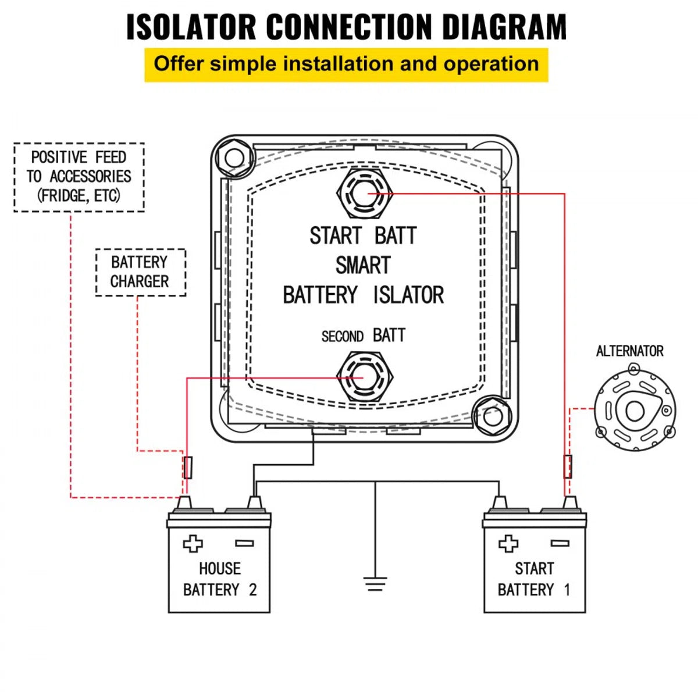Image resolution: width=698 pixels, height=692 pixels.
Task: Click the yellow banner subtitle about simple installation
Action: [346, 64]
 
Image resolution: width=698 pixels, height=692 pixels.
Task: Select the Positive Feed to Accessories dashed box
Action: [79, 177]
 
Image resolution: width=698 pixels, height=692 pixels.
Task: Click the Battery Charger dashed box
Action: [140, 272]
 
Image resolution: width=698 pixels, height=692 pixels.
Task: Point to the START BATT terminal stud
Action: [365, 194]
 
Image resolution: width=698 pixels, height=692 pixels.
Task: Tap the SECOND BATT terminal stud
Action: [365, 377]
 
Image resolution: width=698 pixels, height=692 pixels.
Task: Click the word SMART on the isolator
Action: [362, 265]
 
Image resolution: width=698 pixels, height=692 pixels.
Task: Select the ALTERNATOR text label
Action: [629, 351]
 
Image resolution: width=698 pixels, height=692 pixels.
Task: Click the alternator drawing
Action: [635, 411]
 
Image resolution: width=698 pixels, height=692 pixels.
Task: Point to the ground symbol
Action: [375, 583]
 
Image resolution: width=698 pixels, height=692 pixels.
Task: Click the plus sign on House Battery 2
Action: [193, 544]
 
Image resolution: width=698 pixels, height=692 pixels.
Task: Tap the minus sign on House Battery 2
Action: [244, 544]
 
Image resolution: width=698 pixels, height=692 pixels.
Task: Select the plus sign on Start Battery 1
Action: [508, 544]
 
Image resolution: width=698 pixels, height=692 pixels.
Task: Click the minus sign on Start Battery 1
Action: [560, 544]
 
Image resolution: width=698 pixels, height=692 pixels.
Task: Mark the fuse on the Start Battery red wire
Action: [568, 466]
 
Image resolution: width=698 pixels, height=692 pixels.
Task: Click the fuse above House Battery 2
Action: [187, 467]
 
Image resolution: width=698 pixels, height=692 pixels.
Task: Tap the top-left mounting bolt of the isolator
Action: [234, 158]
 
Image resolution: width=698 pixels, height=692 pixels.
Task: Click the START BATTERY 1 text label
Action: [534, 579]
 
